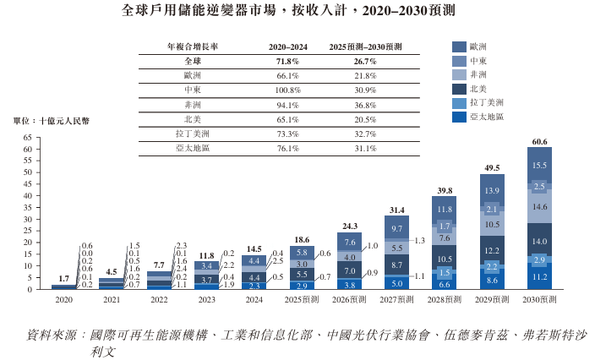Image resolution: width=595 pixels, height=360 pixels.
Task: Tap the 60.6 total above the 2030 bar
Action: tap(538, 141)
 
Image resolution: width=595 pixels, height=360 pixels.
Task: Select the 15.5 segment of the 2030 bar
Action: tap(539, 165)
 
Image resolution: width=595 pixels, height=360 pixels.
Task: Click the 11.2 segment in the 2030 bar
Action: tap(539, 277)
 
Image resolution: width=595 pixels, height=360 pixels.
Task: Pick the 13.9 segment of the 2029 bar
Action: tap(492, 192)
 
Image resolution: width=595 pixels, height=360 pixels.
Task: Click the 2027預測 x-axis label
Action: tap(396, 300)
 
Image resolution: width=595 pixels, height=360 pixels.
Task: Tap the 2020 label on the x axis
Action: tap(63, 300)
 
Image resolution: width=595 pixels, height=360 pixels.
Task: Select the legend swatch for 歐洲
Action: tap(459, 47)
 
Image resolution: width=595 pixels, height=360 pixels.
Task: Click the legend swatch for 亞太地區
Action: tap(459, 117)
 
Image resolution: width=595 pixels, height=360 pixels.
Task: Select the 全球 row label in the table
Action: tap(192, 62)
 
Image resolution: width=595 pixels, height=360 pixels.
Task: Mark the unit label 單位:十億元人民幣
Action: tap(51, 121)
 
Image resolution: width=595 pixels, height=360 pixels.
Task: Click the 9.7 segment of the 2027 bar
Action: tap(397, 229)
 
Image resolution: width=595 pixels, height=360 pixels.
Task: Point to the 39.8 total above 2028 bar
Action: tap(445, 190)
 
